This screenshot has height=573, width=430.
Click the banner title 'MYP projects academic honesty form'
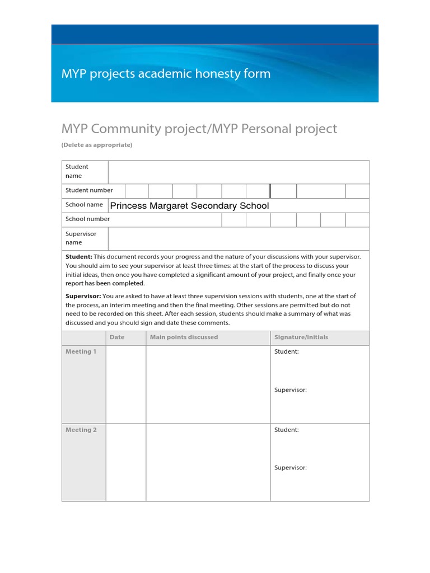[x=166, y=74]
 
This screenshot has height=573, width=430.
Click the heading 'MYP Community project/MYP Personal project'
[x=199, y=129]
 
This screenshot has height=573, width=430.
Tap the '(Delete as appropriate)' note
[x=97, y=145]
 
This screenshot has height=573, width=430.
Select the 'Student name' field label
[x=77, y=171]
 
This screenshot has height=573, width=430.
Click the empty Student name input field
[x=239, y=172]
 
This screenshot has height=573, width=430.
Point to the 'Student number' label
[x=89, y=190]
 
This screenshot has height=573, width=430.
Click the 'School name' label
[x=84, y=205]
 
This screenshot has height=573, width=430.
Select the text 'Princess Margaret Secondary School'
[x=189, y=206]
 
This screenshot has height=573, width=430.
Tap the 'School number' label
[x=87, y=219]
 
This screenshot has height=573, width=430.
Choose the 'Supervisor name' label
[x=81, y=238]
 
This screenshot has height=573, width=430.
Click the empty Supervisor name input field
[x=239, y=238]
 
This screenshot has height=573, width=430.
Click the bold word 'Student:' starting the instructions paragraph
[x=78, y=256]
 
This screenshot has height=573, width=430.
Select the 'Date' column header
[x=117, y=337]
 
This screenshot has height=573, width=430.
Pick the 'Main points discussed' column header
[x=184, y=337]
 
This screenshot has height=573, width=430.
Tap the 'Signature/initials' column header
[x=301, y=337]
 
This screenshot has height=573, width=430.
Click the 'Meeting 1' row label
[x=81, y=351]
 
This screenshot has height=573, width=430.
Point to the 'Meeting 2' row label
[x=81, y=430]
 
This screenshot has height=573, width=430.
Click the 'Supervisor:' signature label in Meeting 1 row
[x=291, y=389]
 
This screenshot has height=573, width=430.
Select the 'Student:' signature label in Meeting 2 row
[x=287, y=430]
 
